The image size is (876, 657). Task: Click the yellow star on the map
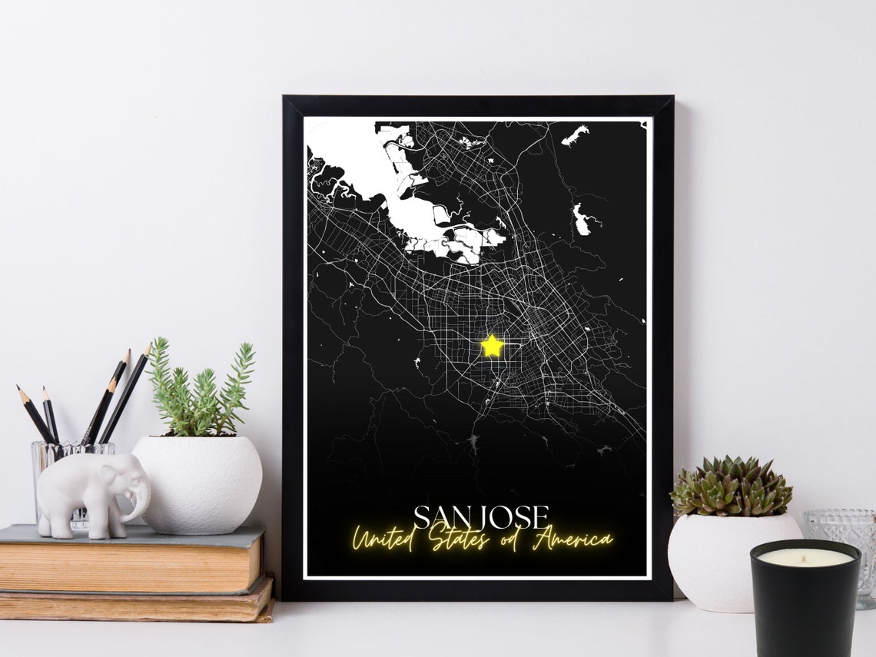point(492,346)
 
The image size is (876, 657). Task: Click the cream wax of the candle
point(804,557)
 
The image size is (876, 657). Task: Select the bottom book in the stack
point(138,604)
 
